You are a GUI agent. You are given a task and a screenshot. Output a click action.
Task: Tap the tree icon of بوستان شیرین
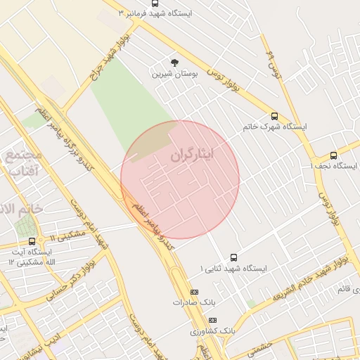click(174, 63)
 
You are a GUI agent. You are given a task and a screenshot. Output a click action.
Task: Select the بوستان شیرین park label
click(176, 73)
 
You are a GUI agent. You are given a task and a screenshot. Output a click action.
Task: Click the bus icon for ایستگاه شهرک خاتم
click(274, 117)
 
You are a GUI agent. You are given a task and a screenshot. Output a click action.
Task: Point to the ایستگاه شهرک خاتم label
click(275, 127)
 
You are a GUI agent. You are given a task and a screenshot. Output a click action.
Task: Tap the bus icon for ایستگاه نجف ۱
click(333, 155)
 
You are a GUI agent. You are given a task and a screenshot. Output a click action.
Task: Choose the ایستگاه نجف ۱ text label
click(334, 166)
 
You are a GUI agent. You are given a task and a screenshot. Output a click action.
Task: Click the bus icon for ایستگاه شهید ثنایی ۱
click(233, 258)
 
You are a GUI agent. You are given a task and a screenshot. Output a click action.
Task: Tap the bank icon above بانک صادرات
click(195, 292)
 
